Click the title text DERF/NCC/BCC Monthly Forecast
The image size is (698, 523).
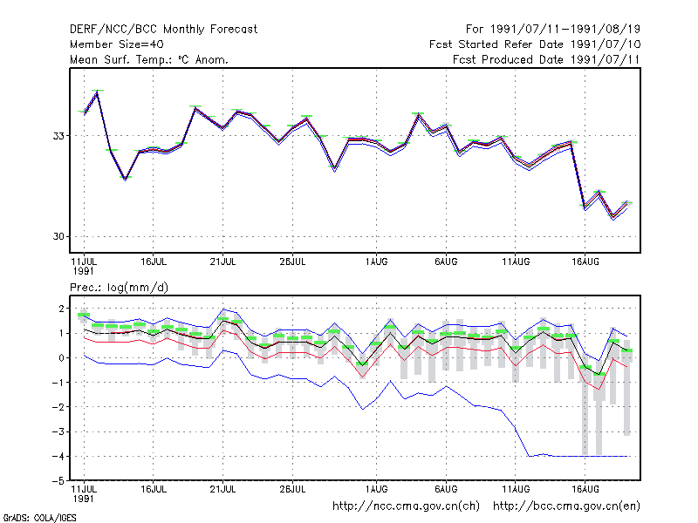pos(163,30)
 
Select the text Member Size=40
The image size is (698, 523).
pos(117,44)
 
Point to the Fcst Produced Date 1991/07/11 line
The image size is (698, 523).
pos(546,59)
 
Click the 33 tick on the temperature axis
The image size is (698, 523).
pos(58,136)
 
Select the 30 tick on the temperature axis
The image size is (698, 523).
pos(58,236)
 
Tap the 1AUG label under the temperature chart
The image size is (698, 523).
pos(376,262)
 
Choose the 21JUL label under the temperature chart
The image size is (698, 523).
pos(222,262)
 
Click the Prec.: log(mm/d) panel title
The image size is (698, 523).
pos(119,288)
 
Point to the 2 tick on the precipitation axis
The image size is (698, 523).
pos(61,309)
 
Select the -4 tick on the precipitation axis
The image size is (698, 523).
pos(58,456)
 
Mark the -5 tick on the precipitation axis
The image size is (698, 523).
pos(58,481)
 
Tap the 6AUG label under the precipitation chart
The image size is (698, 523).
pos(446,489)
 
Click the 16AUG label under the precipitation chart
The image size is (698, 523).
pos(585,489)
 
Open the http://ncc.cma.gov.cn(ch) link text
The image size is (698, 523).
pos(406,506)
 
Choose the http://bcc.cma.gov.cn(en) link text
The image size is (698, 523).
pos(566,506)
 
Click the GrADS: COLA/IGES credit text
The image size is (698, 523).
pos(39,518)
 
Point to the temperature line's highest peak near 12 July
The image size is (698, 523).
pos(97,93)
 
